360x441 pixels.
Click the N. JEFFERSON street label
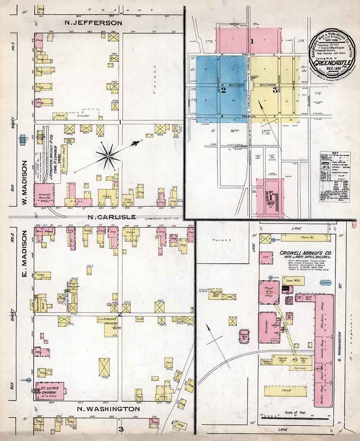coord(92,23)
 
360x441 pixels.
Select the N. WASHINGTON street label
coord(108,409)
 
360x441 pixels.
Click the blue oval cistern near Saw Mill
coord(325,282)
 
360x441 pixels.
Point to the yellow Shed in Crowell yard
coord(285,391)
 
